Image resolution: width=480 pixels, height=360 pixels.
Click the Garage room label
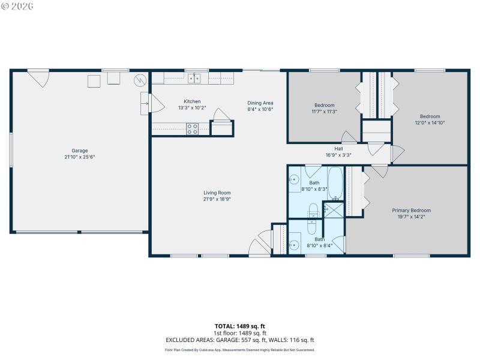tap(80, 150)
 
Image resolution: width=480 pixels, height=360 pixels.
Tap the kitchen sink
tap(193, 78)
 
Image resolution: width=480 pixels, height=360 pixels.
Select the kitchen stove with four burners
tap(192, 128)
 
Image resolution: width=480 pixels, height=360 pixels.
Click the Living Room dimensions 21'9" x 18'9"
tap(217, 199)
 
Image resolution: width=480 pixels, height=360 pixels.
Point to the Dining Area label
tap(260, 102)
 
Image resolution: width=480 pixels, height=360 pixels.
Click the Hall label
tap(338, 148)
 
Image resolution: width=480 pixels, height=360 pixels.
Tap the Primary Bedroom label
tap(411, 211)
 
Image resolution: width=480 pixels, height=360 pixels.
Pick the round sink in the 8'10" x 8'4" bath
tap(293, 244)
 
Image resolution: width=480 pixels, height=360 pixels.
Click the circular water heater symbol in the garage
tap(140, 79)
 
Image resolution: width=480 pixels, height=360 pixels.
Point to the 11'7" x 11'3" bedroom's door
tap(349, 136)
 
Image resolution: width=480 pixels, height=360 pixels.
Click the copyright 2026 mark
tap(17, 6)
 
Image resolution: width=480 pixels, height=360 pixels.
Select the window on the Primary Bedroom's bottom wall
tap(411, 256)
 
